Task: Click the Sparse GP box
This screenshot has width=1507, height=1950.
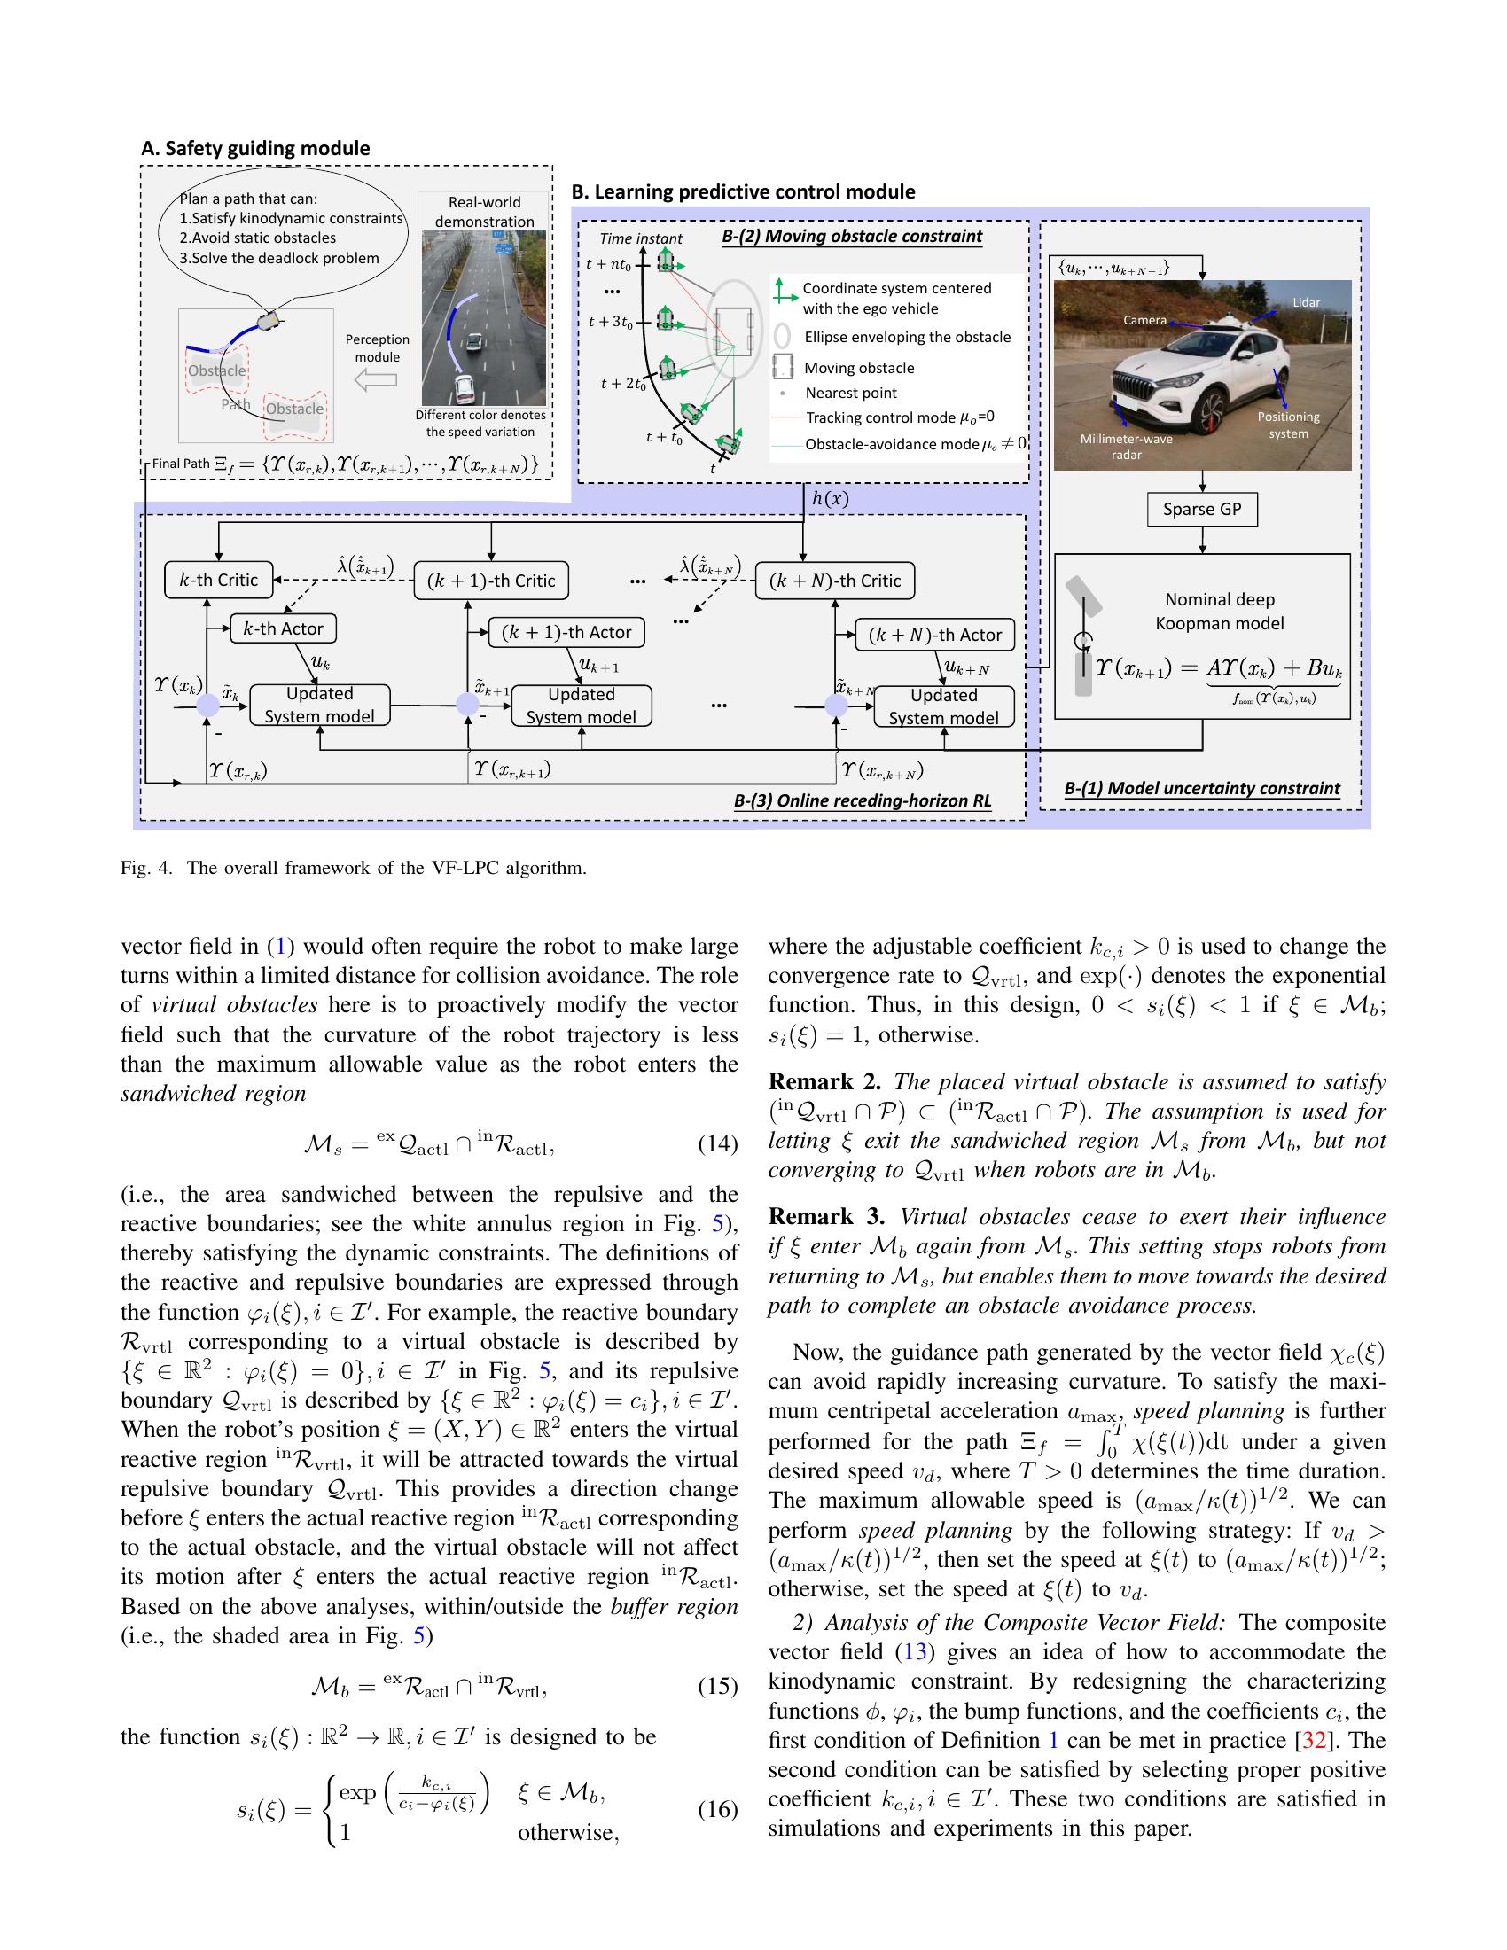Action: coord(1202,509)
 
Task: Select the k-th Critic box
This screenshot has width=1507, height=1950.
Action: coord(219,580)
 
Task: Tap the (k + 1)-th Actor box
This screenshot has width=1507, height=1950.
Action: coord(566,632)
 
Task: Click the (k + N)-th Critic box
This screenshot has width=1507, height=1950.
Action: coord(835,581)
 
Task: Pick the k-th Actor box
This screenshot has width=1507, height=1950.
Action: coord(283,628)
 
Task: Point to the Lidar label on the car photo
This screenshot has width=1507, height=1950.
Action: coord(1305,302)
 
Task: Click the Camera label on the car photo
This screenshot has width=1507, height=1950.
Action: coord(1144,320)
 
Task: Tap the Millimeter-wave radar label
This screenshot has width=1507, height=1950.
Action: coord(1126,447)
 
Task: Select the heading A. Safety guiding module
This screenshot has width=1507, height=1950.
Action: coord(255,148)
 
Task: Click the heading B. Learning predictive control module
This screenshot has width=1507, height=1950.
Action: coord(743,192)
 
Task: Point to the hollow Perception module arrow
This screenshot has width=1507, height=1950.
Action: coord(375,381)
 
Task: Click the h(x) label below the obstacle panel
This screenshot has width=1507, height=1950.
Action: coord(830,499)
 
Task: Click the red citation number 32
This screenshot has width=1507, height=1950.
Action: coord(1313,1740)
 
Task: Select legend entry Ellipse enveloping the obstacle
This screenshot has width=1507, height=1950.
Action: coord(906,338)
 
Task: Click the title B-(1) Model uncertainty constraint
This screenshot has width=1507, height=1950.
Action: coord(1202,788)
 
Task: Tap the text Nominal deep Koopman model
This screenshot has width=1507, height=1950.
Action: coord(1219,612)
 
